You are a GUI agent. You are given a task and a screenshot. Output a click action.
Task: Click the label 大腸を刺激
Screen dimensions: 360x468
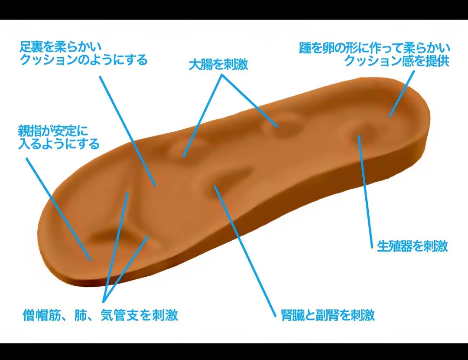[x=218, y=65]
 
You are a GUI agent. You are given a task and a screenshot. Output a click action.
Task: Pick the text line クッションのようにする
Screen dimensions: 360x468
[x=84, y=59]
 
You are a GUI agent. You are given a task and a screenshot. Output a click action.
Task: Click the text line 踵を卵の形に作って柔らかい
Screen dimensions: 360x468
[x=374, y=47]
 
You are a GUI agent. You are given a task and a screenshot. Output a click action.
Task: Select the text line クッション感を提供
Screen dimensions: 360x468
[x=396, y=61]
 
